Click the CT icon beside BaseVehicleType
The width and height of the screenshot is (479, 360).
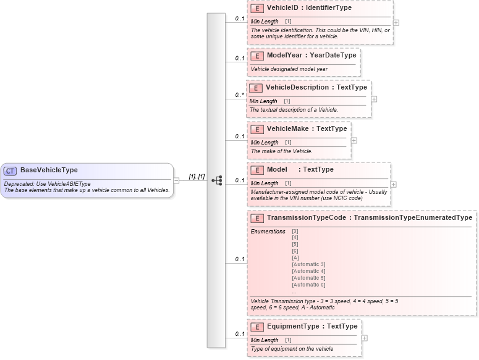(x=11, y=170)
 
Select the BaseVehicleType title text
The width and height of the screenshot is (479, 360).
(x=49, y=170)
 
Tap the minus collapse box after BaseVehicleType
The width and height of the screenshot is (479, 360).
(x=176, y=180)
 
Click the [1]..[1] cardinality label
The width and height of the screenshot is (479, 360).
(x=197, y=176)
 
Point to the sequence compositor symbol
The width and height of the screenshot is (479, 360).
(x=217, y=180)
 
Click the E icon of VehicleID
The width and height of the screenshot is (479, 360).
(x=257, y=9)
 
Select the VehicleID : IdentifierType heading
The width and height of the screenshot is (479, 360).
(x=309, y=8)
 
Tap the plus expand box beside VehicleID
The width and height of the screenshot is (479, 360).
(x=396, y=22)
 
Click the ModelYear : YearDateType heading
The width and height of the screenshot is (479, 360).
(x=312, y=56)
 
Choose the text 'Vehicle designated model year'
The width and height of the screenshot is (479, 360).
(x=289, y=69)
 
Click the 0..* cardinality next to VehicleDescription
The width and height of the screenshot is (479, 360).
(x=239, y=95)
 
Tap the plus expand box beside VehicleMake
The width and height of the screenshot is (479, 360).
(x=354, y=140)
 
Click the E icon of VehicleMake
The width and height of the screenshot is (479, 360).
(x=257, y=130)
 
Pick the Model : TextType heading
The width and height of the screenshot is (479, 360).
(x=300, y=170)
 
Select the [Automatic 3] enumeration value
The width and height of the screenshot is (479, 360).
(x=308, y=264)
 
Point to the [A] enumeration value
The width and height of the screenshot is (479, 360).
(x=295, y=257)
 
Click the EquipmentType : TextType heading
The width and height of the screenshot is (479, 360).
(x=312, y=327)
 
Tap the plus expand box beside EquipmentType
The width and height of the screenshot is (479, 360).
(x=364, y=338)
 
